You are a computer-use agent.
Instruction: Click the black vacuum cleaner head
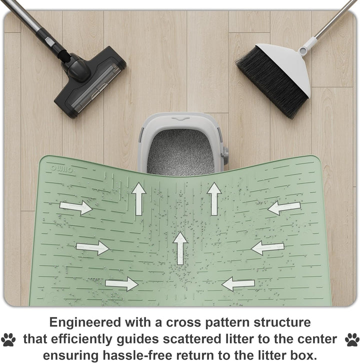[x=90, y=82]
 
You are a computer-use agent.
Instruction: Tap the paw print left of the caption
[x=8, y=339]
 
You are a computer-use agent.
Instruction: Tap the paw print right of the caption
[x=352, y=339]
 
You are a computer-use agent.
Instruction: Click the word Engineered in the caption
[x=85, y=323]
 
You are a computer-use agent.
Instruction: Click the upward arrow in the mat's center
[x=180, y=248]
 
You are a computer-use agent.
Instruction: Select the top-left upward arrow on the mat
[x=138, y=199]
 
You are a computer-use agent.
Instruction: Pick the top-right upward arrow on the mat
[x=214, y=199]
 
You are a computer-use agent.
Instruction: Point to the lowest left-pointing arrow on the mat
[x=238, y=284]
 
